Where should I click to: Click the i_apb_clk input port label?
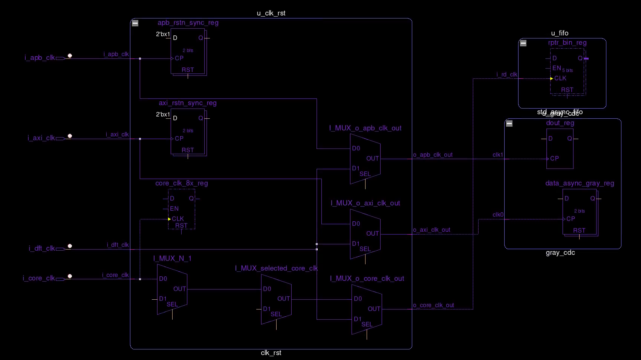pos(40,58)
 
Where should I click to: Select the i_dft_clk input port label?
pos(42,248)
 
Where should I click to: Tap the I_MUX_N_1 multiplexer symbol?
pos(172,289)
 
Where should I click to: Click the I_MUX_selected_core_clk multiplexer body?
pos(276,299)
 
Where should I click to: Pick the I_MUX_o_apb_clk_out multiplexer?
pos(365,159)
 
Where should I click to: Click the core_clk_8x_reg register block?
pos(181,209)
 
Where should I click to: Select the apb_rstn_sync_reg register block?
pos(188,51)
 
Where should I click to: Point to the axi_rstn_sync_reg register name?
pos(187,103)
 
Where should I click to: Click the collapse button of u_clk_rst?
pos(135,23)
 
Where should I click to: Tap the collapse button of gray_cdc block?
pos(509,124)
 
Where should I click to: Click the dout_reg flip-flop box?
pos(560,149)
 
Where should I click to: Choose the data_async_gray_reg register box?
pos(579,212)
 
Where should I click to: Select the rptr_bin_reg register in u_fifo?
pos(567,71)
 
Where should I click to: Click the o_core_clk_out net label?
pos(433,305)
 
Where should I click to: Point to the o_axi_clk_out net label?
pos(431,230)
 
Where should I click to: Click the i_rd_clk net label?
pos(506,75)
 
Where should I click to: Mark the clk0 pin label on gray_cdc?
pos(498,215)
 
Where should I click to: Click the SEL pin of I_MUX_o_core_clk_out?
pos(367,325)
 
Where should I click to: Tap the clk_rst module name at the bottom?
pos(271,353)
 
